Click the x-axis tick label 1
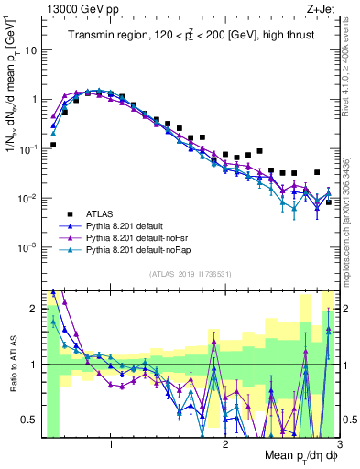(111, 443)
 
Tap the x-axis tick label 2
(225, 443)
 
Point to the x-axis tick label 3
(338, 443)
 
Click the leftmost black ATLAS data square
(53, 145)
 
